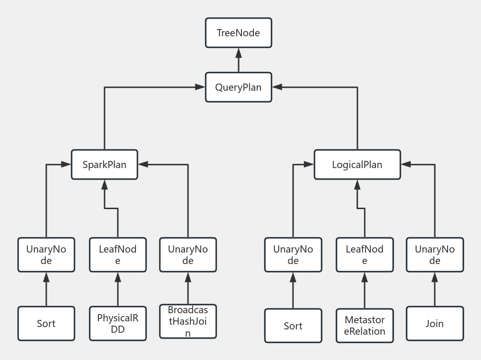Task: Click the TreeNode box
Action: click(x=238, y=33)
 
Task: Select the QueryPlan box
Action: click(x=238, y=87)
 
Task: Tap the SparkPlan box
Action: click(x=105, y=165)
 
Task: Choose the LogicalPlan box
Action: click(x=357, y=165)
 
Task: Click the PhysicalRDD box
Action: click(x=118, y=323)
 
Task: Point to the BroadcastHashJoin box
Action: click(x=188, y=321)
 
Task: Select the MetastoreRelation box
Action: click(x=365, y=326)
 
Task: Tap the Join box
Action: click(x=435, y=324)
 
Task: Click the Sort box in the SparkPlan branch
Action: click(x=46, y=324)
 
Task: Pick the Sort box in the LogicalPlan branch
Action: click(x=293, y=326)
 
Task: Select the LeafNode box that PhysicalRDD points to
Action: click(x=118, y=255)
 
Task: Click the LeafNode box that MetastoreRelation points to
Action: click(x=365, y=255)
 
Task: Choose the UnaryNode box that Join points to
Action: click(x=435, y=255)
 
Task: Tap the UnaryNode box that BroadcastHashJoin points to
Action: click(x=188, y=255)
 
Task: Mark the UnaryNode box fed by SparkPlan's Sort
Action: click(x=46, y=255)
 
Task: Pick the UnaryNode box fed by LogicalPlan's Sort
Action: click(x=293, y=255)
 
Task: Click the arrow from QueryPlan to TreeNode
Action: click(x=238, y=60)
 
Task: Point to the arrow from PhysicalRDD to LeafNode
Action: click(x=118, y=289)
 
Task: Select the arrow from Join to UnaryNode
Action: click(x=435, y=289)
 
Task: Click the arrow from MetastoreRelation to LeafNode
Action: click(x=365, y=290)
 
